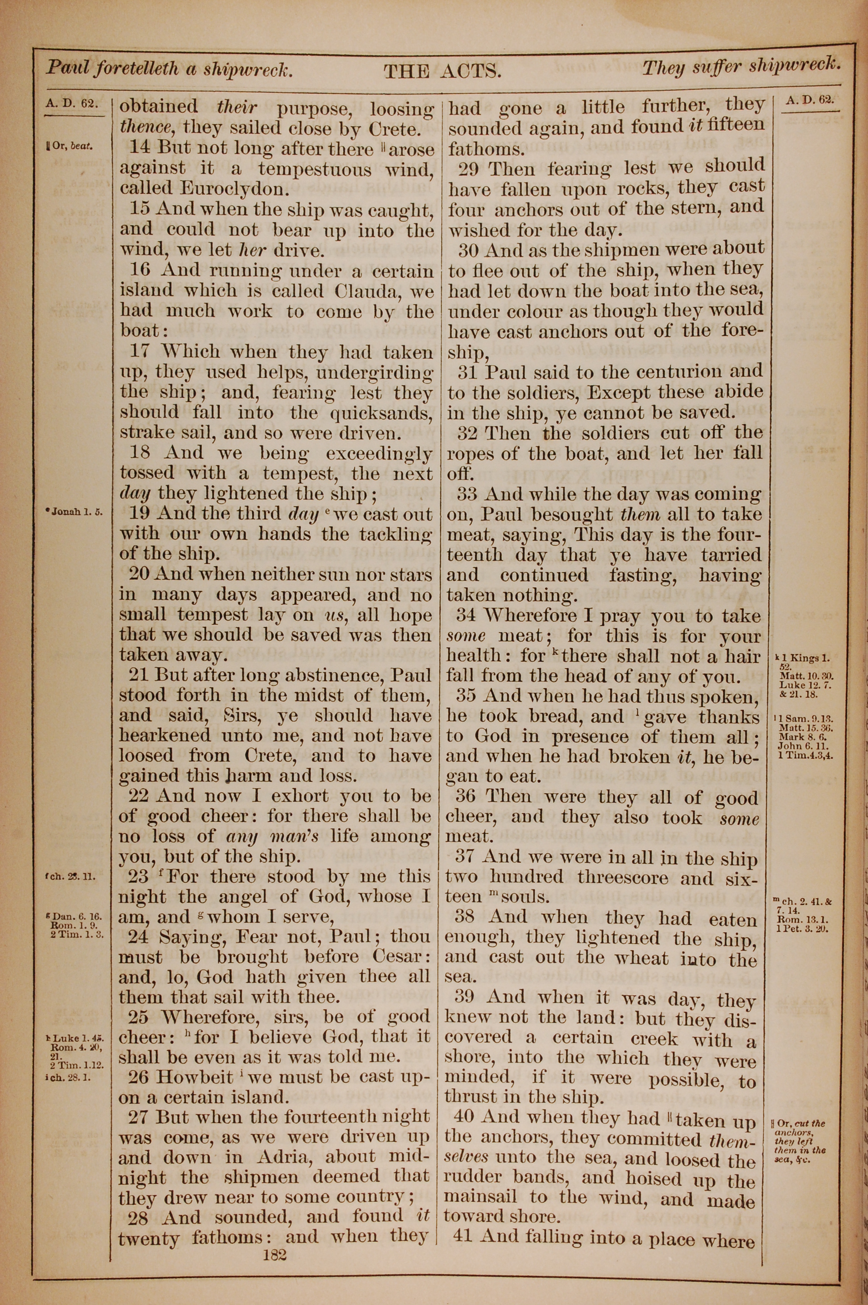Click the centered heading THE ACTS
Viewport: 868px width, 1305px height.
point(442,71)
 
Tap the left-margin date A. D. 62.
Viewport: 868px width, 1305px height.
point(72,103)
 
